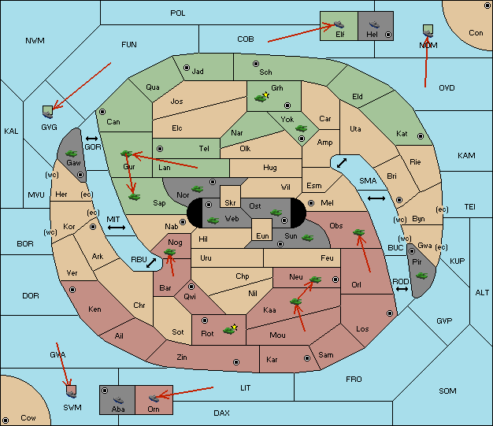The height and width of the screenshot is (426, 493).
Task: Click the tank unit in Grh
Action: (x=261, y=98)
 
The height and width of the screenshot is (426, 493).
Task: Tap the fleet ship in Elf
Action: (x=339, y=24)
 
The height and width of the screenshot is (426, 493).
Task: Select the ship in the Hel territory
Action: (x=374, y=24)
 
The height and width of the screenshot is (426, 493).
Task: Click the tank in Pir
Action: (x=421, y=276)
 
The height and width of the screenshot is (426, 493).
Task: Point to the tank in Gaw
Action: (x=72, y=154)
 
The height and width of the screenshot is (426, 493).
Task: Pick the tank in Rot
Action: (x=229, y=330)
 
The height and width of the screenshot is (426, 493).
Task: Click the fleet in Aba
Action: (x=118, y=400)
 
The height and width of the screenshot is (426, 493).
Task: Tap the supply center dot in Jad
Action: (x=187, y=68)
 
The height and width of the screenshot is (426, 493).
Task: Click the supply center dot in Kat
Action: (x=421, y=136)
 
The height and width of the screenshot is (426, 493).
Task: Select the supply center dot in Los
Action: (x=390, y=313)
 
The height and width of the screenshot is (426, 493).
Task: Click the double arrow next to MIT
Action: (x=117, y=228)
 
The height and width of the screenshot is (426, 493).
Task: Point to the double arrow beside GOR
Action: (x=91, y=139)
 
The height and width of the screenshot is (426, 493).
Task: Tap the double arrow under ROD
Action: (x=402, y=289)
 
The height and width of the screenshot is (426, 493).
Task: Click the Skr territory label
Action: (x=230, y=203)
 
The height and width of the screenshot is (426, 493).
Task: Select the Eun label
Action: (x=262, y=235)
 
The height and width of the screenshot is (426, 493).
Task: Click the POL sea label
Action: (x=178, y=13)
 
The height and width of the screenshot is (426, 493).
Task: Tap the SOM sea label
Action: (x=447, y=391)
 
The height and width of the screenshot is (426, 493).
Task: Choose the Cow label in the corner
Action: (x=28, y=418)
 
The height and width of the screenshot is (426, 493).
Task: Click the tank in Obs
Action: (x=359, y=232)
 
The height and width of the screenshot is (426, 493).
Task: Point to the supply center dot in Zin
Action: (x=236, y=362)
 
